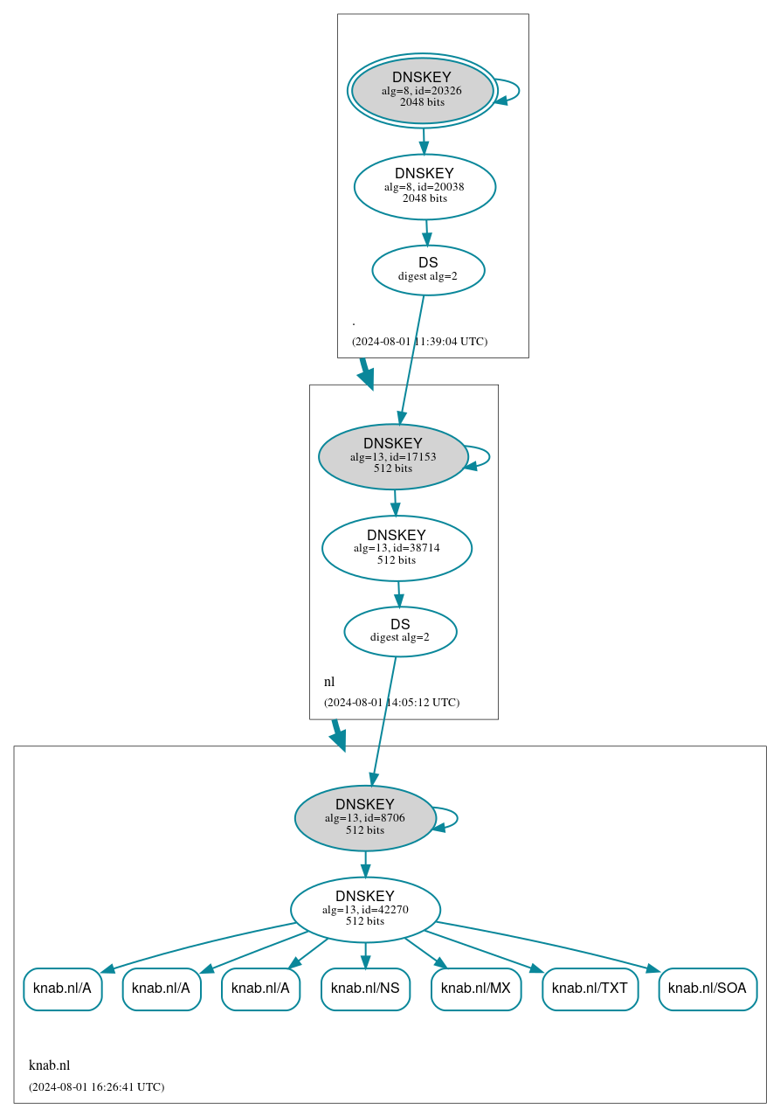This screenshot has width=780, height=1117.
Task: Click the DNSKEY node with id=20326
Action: [x=422, y=90]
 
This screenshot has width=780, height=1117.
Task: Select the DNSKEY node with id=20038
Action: [x=425, y=186]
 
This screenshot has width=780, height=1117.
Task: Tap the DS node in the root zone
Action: [x=428, y=270]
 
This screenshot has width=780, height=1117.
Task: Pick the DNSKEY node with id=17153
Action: [x=393, y=456]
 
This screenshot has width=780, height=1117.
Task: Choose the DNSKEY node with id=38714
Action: [x=397, y=548]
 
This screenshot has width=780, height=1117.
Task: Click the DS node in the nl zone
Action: [x=400, y=631]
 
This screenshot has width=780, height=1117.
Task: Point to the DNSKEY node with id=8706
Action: [x=365, y=818]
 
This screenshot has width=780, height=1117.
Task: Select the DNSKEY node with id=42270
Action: [x=365, y=909]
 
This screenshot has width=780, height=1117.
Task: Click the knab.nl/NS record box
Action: [x=365, y=989]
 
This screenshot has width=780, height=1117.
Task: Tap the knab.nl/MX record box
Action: [x=476, y=989]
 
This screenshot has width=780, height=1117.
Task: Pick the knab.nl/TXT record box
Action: [x=590, y=989]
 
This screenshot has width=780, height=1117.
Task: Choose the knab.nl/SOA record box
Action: [x=708, y=989]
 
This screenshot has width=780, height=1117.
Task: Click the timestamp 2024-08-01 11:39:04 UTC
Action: [x=419, y=342]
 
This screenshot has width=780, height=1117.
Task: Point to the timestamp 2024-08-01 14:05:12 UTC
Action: [x=391, y=703]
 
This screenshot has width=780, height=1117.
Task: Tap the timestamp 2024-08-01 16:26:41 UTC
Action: [x=96, y=1087]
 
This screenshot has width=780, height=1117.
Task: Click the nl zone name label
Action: [x=329, y=682]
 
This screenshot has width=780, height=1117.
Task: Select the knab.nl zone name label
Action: [x=49, y=1065]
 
